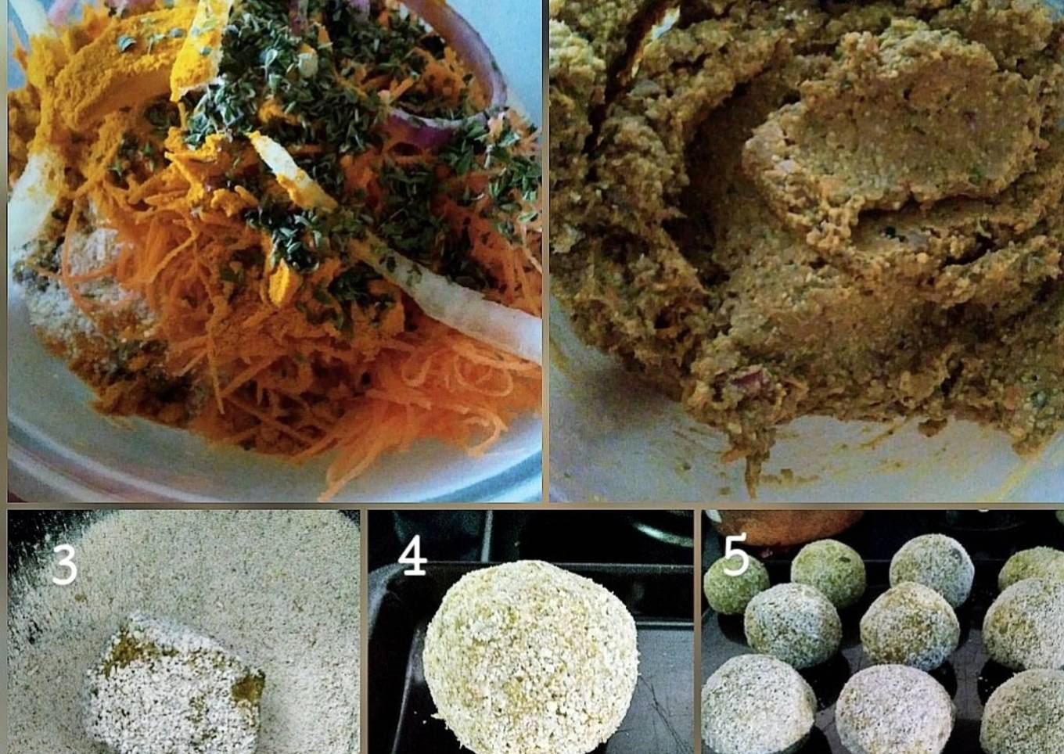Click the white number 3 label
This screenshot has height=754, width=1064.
(x=65, y=564)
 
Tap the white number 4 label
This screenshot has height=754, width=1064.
(x=412, y=555)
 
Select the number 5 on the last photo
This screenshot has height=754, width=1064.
(x=735, y=554)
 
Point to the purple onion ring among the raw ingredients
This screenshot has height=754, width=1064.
(x=442, y=85)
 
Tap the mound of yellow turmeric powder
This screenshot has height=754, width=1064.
(x=110, y=71)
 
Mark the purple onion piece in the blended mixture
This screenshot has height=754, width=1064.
(x=747, y=379)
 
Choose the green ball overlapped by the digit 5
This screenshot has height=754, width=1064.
(x=735, y=584)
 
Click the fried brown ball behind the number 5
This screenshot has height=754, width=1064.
(x=784, y=527)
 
